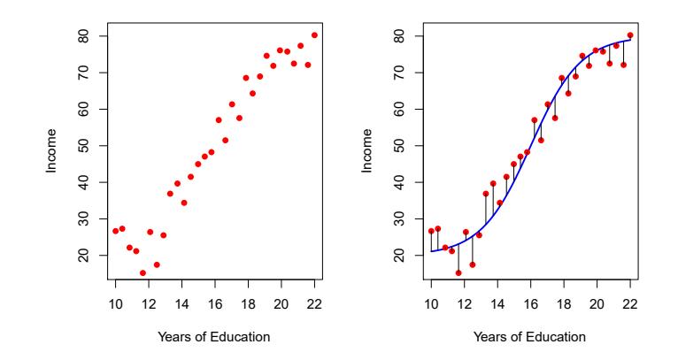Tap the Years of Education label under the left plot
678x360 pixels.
pos(214,337)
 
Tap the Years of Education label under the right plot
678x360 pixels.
pos(530,337)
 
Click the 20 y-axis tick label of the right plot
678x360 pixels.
pos(397,255)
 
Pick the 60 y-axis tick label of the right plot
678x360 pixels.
pos(397,109)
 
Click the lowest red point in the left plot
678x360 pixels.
pos(143,272)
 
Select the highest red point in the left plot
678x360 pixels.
pos(314,35)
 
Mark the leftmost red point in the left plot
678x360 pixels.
pos(115,231)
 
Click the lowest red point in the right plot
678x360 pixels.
pos(458,272)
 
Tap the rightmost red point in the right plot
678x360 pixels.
pos(630,35)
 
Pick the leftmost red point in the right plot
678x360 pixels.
pos(431,231)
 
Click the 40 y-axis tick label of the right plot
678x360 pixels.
pos(397,182)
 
